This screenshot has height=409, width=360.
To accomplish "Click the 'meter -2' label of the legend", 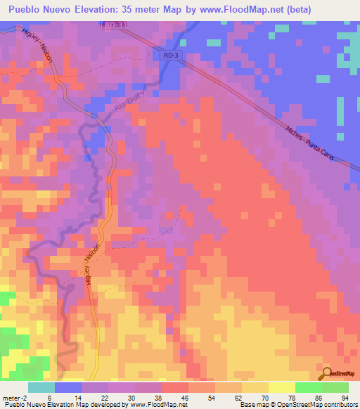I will point(13,397).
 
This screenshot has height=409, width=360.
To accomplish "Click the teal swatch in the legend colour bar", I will point(41,387).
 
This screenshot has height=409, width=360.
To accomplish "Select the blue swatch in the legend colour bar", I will point(68,387).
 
